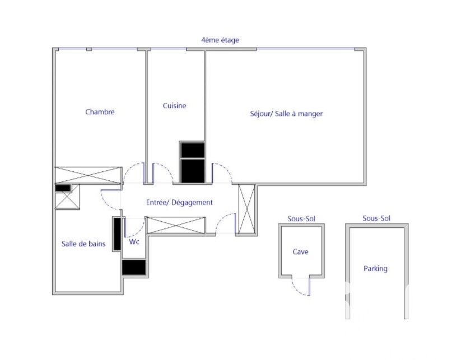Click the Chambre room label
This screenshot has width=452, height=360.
(x=100, y=112)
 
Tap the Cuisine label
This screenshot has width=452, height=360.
(x=174, y=105)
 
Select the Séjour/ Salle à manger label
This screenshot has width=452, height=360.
(x=286, y=114)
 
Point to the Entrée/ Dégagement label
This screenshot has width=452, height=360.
(x=179, y=203)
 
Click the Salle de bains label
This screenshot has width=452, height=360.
(x=83, y=244)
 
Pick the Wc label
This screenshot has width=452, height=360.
(x=134, y=241)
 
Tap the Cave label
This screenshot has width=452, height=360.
(x=300, y=252)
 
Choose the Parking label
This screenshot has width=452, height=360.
(x=375, y=269)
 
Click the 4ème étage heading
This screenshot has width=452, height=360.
(x=220, y=40)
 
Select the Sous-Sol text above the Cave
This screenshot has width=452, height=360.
(x=301, y=219)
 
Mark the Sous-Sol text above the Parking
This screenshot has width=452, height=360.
(x=376, y=218)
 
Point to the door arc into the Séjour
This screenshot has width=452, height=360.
(x=227, y=169)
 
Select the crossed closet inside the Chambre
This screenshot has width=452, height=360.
(x=88, y=175)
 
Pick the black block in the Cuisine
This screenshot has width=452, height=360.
(x=193, y=162)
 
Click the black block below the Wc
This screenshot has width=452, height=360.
(x=134, y=268)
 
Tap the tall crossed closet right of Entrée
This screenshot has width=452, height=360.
(x=247, y=209)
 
